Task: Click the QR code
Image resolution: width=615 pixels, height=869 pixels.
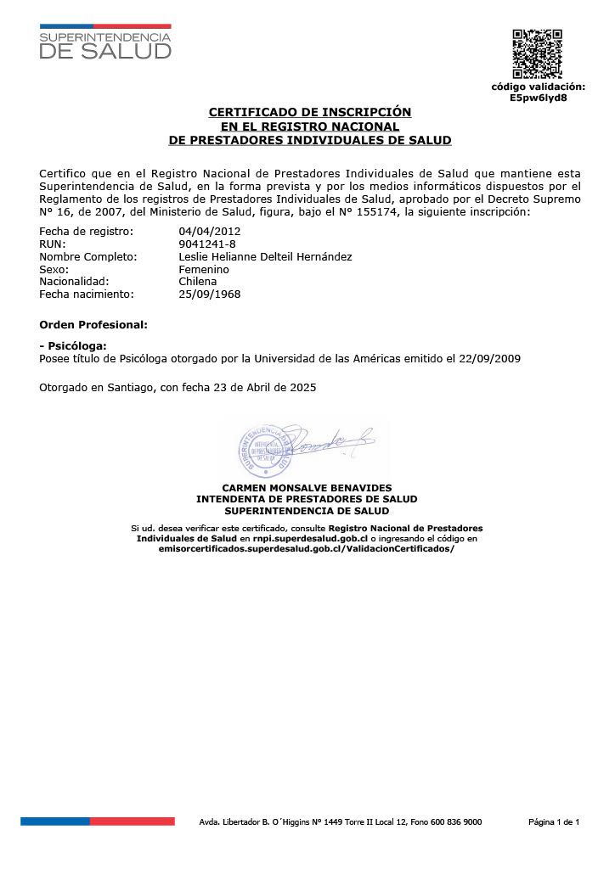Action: pyautogui.click(x=537, y=54)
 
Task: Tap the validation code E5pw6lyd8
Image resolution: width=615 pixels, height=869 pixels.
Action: pyautogui.click(x=538, y=98)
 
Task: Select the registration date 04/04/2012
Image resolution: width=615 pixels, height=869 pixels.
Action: pyautogui.click(x=210, y=232)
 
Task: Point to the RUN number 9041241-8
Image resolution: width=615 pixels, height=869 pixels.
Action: pyautogui.click(x=207, y=244)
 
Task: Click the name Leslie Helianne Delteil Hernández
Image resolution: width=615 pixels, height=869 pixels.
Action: pyautogui.click(x=265, y=257)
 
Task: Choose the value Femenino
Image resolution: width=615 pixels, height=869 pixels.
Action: pyautogui.click(x=204, y=270)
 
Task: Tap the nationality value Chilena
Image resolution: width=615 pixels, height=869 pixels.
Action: pyautogui.click(x=198, y=282)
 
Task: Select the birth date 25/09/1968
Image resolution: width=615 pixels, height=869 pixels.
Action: pyautogui.click(x=210, y=294)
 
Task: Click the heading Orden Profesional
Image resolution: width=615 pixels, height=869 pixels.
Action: pyautogui.click(x=93, y=325)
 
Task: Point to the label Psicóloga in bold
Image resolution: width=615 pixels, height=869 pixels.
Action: pyautogui.click(x=74, y=347)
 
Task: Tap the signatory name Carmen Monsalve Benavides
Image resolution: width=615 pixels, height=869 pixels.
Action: pyautogui.click(x=307, y=488)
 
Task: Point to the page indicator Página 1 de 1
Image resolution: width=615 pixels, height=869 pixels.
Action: pyautogui.click(x=554, y=821)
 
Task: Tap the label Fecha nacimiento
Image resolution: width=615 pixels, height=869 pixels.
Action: pyautogui.click(x=87, y=294)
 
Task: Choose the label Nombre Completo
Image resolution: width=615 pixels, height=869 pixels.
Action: pyautogui.click(x=88, y=257)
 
